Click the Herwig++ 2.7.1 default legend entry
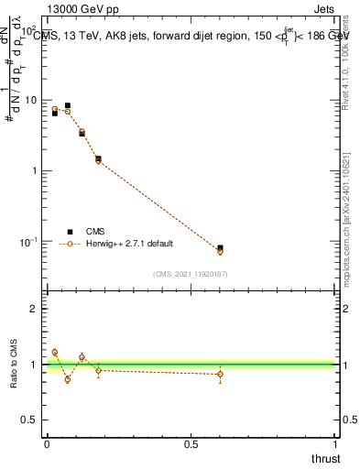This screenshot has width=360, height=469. click(x=129, y=244)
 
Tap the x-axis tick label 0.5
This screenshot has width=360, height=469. click(x=191, y=443)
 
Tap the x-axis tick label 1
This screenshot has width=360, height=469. click(x=335, y=443)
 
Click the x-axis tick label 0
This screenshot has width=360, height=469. click(x=47, y=443)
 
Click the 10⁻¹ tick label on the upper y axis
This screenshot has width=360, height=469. click(x=30, y=242)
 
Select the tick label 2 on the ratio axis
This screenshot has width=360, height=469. click(x=34, y=309)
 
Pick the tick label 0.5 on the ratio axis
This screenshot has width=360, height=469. click(x=30, y=420)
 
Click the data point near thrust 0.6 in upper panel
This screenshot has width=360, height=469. click(x=220, y=249)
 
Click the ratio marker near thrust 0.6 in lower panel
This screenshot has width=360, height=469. click(x=220, y=374)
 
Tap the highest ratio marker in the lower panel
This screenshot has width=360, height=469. click(x=55, y=352)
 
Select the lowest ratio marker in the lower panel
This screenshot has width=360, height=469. click(x=67, y=379)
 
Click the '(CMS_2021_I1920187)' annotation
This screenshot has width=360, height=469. click(x=191, y=273)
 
